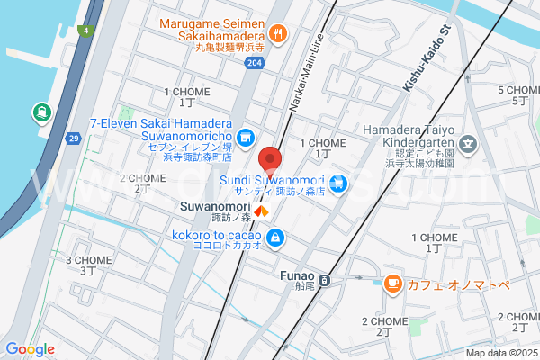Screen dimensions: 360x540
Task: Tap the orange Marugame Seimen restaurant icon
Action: pyautogui.click(x=277, y=33)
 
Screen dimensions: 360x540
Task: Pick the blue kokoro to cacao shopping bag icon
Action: pyautogui.click(x=276, y=238)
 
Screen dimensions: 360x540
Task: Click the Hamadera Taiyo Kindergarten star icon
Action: pyautogui.click(x=467, y=143)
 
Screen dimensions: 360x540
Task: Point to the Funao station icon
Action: pyautogui.click(x=326, y=280)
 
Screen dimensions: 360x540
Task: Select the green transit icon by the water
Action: pyautogui.click(x=41, y=112)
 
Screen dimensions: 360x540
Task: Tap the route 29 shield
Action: pyautogui.click(x=74, y=138)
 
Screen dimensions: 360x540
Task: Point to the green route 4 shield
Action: pyautogui.click(x=85, y=31)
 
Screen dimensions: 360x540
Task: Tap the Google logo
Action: pyautogui.click(x=30, y=349)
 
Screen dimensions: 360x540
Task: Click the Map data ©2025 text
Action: pyautogui.click(x=500, y=353)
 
